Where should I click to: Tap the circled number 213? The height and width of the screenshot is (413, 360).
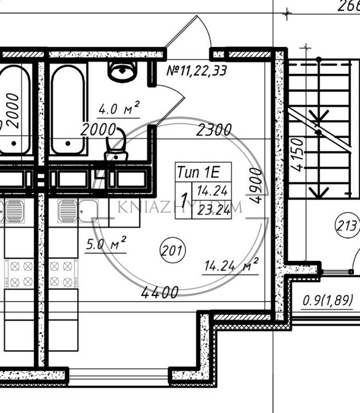coord(347,226)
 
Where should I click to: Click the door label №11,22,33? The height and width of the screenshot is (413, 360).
coord(196,70)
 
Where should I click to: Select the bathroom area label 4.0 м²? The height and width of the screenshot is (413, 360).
coord(118,110)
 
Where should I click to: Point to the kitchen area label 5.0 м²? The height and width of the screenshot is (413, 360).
coord(105,243)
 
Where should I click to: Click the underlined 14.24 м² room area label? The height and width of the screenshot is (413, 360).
coord(230,266)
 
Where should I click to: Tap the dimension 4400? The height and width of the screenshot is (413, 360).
coord(160,292)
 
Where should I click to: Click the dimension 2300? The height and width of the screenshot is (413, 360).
coord(214,130)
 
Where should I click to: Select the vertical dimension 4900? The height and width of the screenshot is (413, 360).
coord(256,186)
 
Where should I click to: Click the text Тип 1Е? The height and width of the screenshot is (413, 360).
coord(194,171)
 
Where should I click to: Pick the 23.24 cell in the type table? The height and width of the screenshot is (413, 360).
coord(211,209)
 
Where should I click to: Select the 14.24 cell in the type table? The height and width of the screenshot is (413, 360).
coord(211,190)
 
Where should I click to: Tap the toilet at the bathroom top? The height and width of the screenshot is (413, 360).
coord(123,72)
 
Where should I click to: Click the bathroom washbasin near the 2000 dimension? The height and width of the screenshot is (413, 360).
coord(116,149)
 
